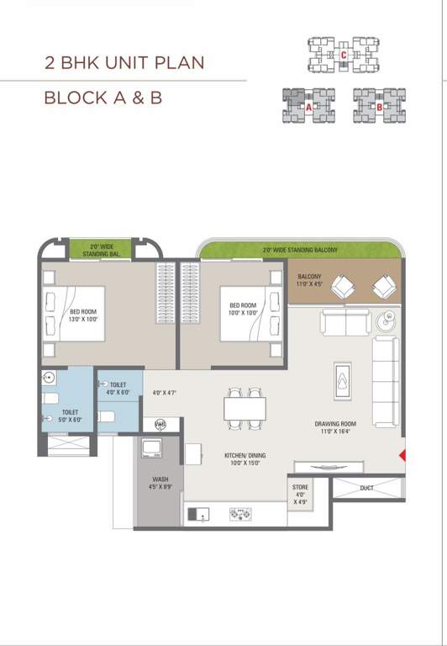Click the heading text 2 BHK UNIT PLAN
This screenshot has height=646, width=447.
coord(124,63)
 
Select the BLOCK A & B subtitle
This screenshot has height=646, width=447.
coord(103,98)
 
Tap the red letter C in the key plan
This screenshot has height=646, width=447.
coord(343,56)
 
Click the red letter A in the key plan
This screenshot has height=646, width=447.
coord(309,108)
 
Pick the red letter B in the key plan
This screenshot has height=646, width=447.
coord(379,108)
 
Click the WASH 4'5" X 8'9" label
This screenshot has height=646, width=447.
coord(160,482)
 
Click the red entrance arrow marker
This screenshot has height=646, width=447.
coord(402,456)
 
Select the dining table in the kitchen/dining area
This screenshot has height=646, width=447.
coord(244,408)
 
